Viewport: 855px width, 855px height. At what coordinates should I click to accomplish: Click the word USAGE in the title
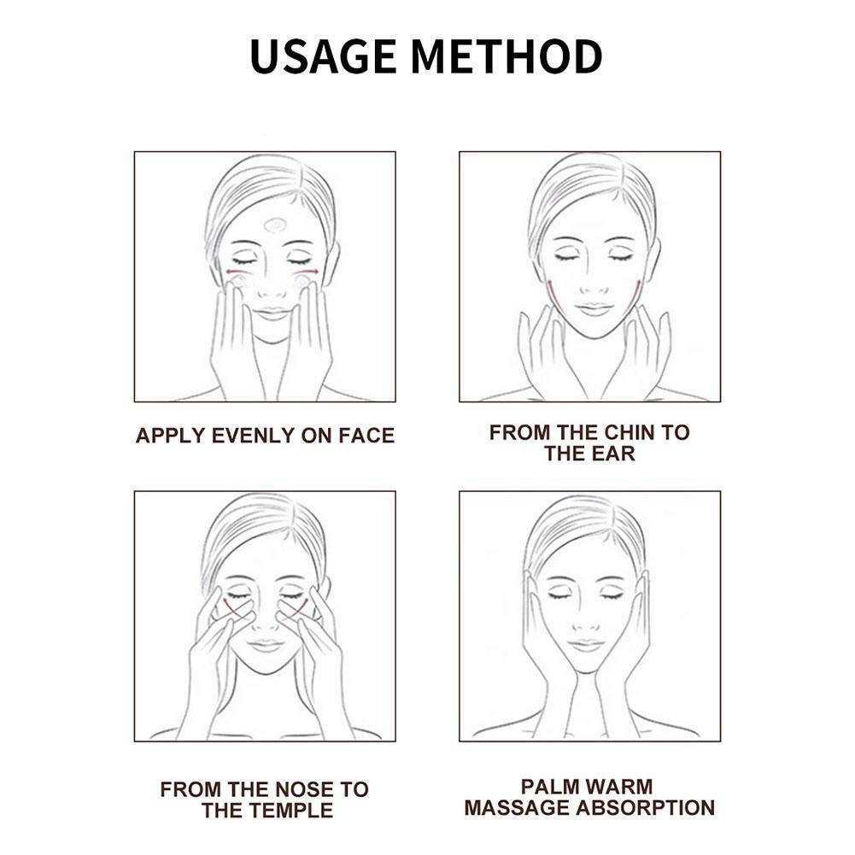[x=323, y=56]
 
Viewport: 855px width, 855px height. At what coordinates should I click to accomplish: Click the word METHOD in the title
[x=507, y=56]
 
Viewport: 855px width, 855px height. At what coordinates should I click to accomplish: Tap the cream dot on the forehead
[x=275, y=225]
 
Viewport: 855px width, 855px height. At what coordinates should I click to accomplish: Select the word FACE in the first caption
[x=366, y=436]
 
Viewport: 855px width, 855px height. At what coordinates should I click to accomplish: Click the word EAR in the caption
[x=614, y=454]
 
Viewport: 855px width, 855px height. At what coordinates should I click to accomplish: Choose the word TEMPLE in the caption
[x=294, y=811]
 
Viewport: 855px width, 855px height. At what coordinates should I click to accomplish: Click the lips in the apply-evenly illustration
[x=271, y=314]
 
